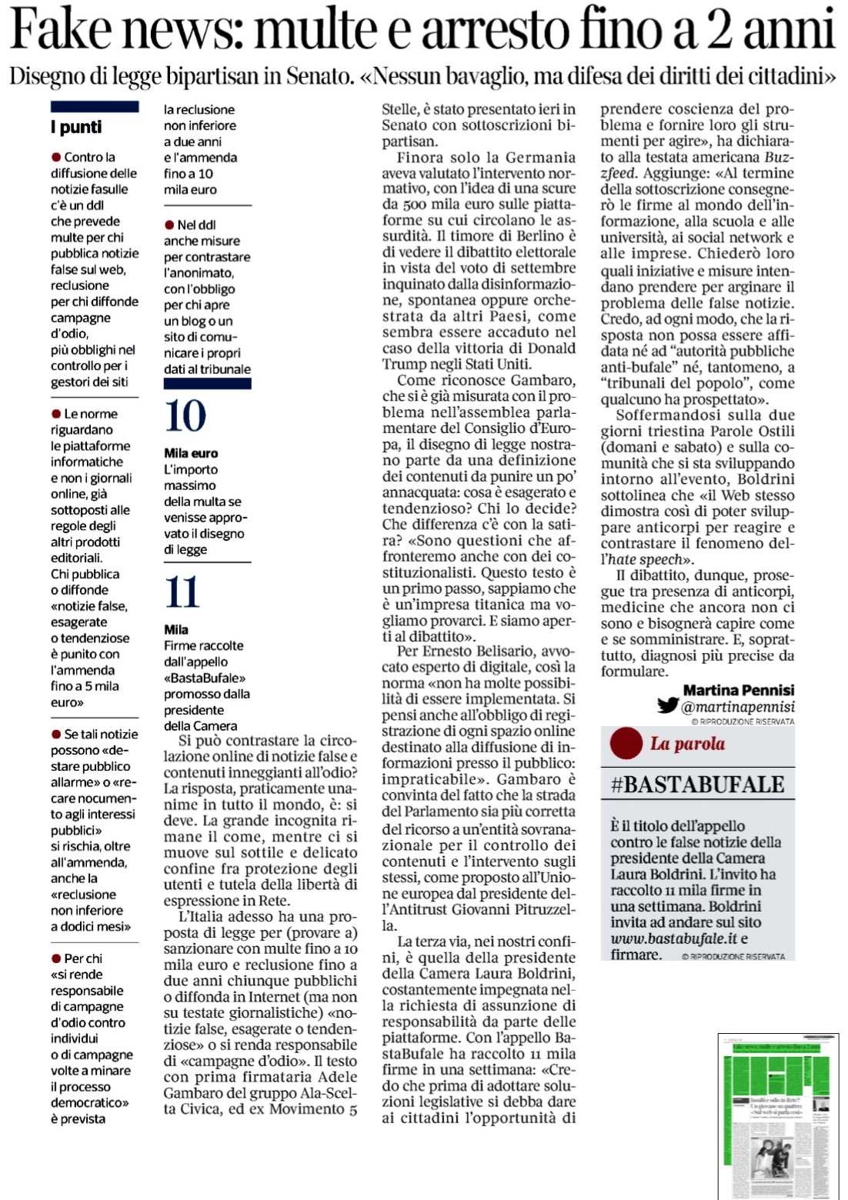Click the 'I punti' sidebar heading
point(76,127)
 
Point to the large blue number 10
point(185,416)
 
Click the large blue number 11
point(182,592)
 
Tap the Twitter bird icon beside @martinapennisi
point(667,705)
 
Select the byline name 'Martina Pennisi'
point(739,690)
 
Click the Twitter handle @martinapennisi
point(738,707)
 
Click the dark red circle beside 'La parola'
point(626,743)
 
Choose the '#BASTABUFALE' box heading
point(697,785)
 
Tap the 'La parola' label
point(687,744)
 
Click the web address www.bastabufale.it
point(674,938)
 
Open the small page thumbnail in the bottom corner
point(778,1115)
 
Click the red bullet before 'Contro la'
point(56,157)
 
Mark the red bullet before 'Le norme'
point(56,414)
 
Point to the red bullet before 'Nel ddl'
point(169,225)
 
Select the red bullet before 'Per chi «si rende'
point(56,958)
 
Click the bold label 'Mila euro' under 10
point(191,453)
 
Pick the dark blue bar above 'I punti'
point(95,107)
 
